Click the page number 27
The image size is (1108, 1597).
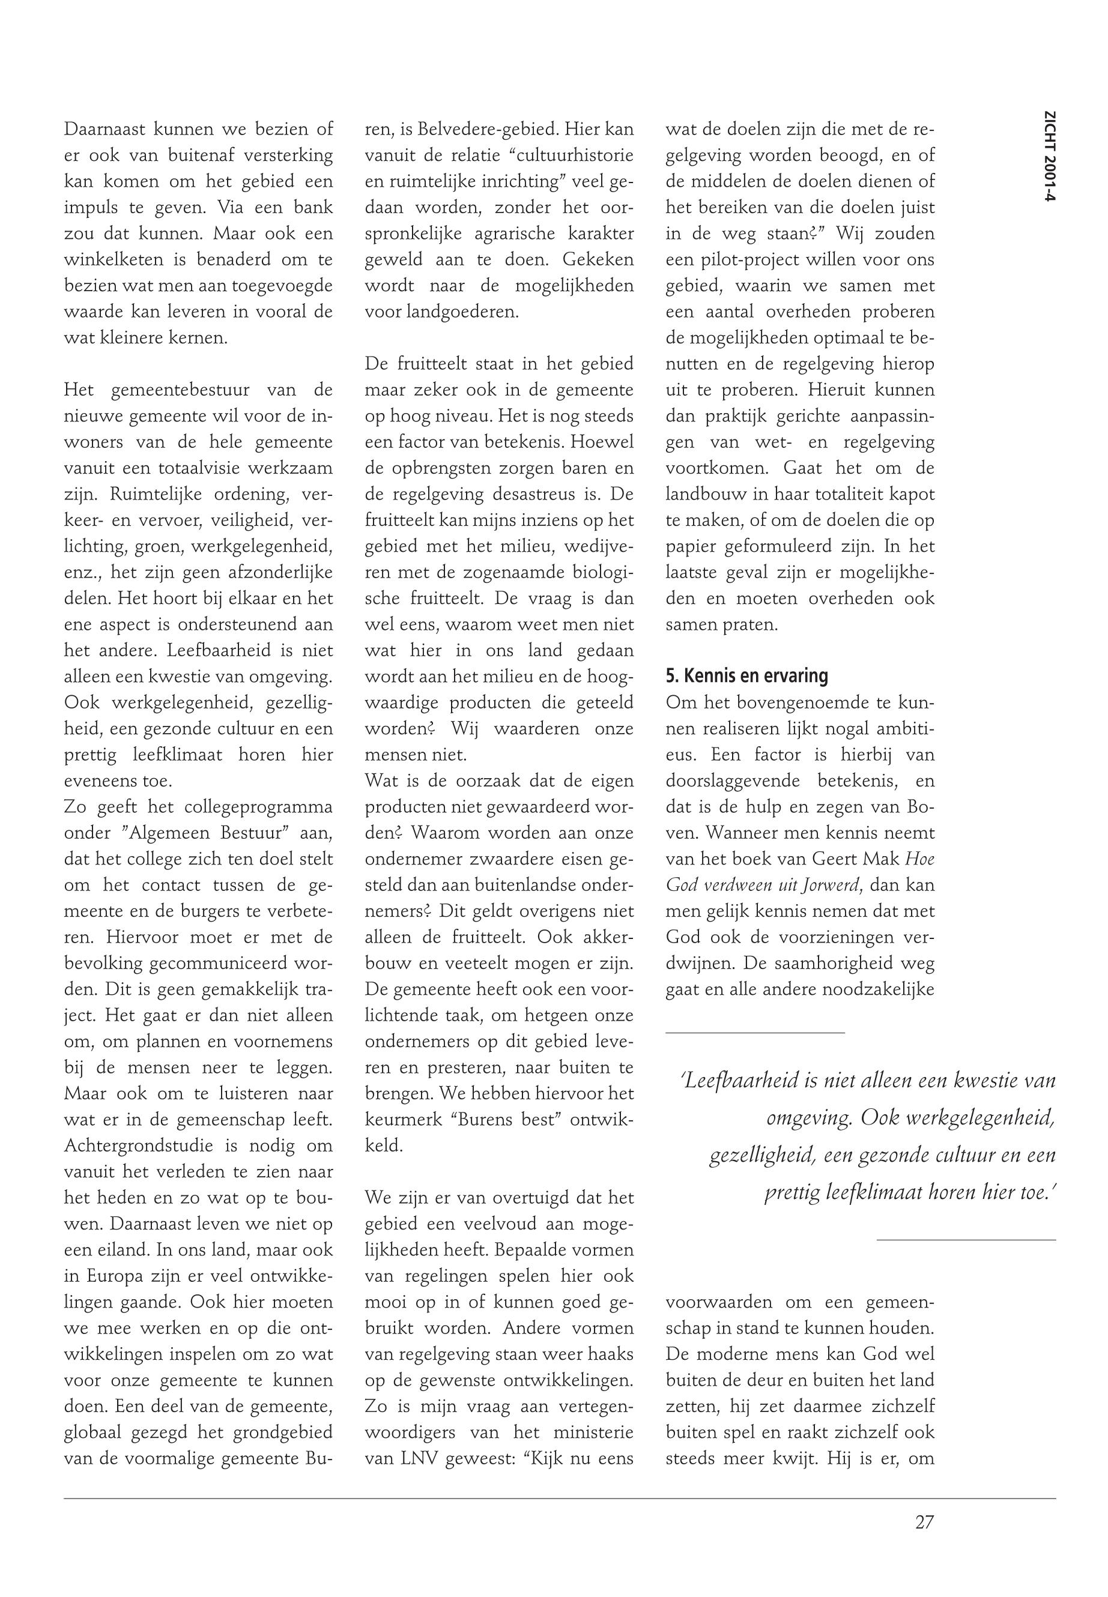[924, 1523]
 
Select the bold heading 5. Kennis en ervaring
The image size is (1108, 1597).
[746, 676]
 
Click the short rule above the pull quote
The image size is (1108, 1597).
[755, 1033]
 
